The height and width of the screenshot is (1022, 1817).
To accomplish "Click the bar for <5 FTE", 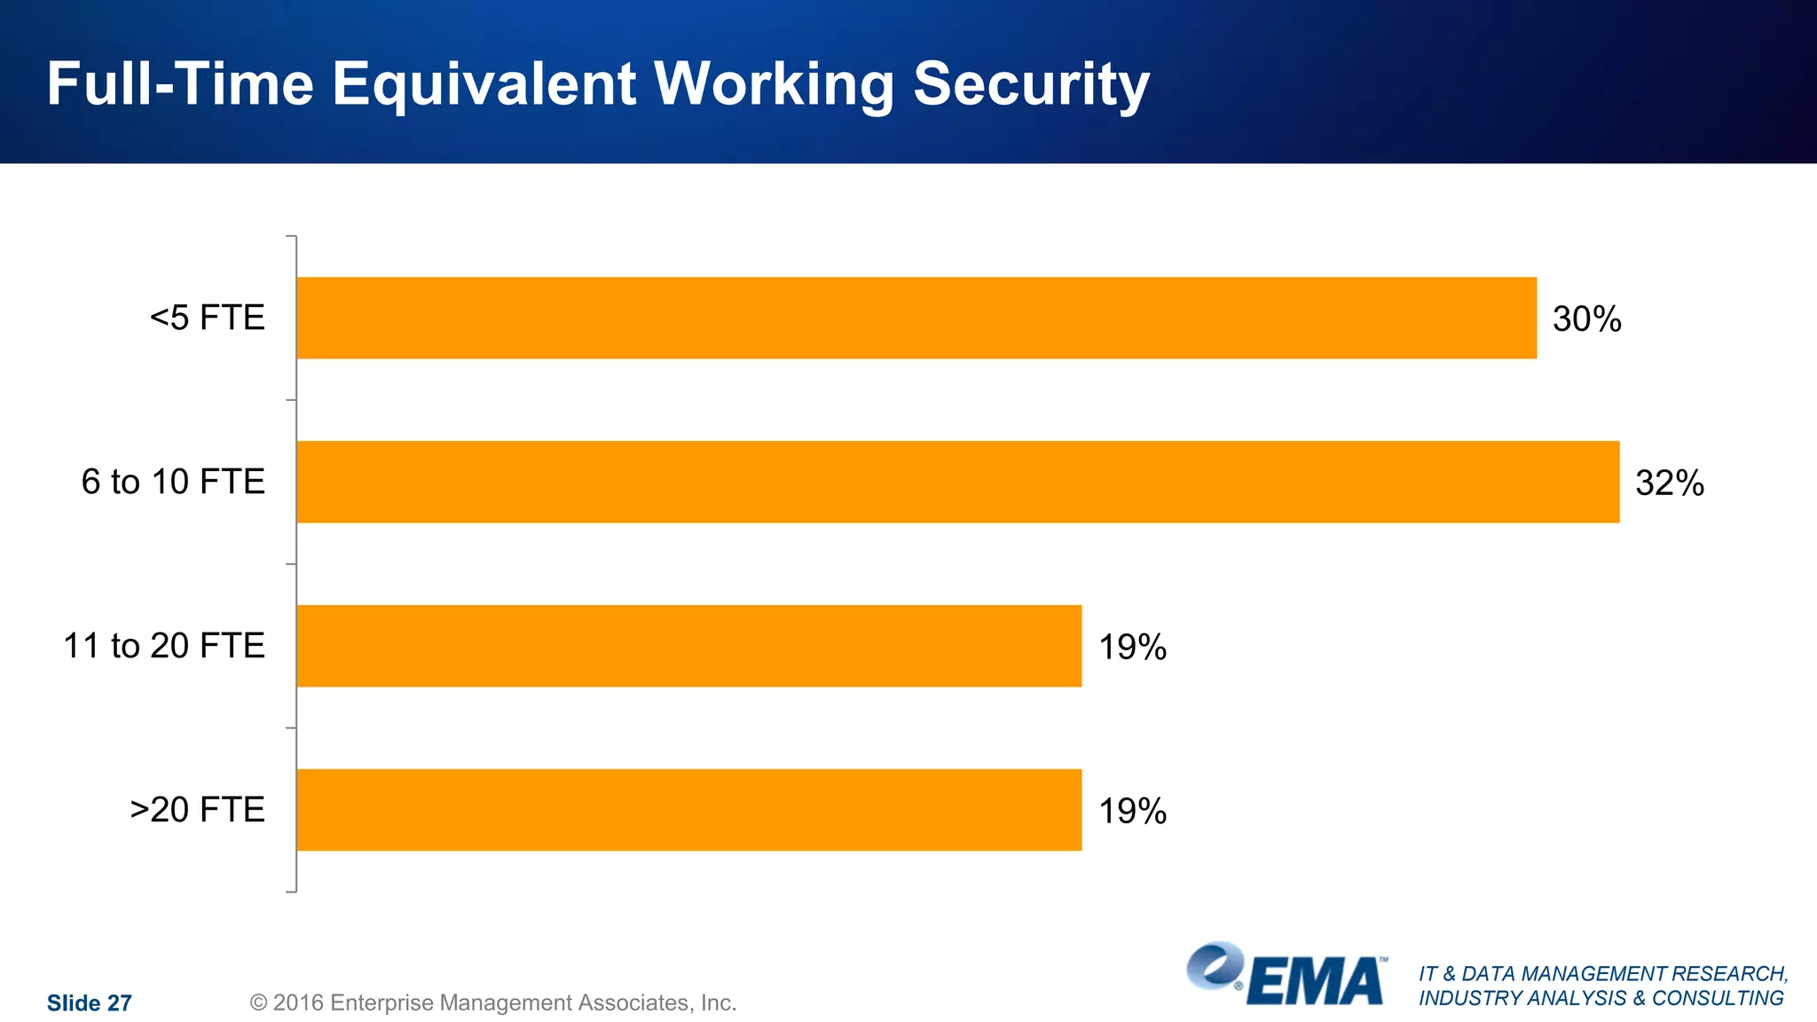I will [916, 318].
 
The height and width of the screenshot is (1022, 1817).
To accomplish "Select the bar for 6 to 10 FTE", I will [957, 482].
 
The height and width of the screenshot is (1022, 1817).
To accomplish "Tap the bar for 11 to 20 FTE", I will [688, 646].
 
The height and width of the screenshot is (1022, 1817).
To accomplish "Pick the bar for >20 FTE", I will [688, 810].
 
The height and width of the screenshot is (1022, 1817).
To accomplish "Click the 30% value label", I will [1586, 319].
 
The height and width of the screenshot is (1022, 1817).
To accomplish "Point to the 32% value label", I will [1669, 483].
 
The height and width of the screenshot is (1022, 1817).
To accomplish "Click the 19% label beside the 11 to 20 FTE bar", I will [1132, 648].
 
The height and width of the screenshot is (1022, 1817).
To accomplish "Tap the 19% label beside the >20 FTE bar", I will [1132, 812].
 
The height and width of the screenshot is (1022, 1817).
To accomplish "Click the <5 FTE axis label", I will [207, 318].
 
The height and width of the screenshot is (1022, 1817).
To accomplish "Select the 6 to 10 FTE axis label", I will [173, 482].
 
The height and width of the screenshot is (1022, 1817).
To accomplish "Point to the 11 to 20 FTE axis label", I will [164, 646].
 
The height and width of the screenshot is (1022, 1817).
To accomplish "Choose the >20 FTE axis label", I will [197, 810].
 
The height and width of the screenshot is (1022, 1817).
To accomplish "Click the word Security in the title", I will [1031, 85].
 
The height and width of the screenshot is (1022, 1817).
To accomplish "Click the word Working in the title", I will [774, 85].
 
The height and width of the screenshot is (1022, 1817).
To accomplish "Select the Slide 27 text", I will [89, 1003].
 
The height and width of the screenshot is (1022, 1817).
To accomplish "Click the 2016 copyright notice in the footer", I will [493, 1003].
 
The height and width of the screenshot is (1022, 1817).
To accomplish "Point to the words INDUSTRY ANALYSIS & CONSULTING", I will [1601, 999].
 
